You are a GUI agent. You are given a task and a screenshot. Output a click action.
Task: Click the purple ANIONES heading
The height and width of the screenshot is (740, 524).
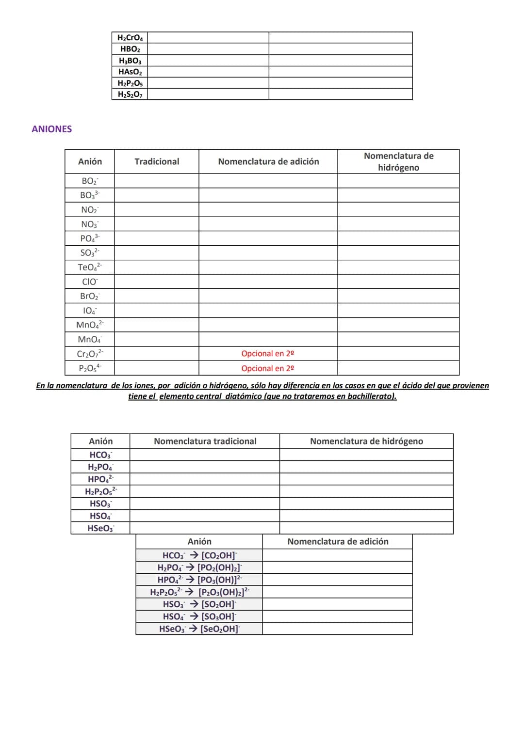tap(52, 129)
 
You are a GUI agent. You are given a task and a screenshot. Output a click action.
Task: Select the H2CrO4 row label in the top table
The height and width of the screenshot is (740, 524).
tap(130, 38)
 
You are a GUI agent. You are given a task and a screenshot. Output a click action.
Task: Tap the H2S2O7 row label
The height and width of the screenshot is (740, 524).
tap(130, 94)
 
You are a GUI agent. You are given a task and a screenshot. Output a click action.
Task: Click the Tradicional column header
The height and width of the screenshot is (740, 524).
tap(157, 161)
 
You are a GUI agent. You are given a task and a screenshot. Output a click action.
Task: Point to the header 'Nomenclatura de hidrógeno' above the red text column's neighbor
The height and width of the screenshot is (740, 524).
tap(398, 161)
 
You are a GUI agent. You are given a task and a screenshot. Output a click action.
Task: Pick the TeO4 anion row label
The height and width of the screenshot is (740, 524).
tap(90, 267)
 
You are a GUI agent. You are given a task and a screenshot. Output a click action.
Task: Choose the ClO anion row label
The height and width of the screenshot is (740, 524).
tap(90, 282)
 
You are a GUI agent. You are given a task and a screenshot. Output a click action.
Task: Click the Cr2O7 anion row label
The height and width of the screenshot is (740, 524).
tap(90, 354)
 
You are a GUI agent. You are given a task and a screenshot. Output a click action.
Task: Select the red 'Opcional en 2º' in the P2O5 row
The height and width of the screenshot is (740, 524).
tap(268, 368)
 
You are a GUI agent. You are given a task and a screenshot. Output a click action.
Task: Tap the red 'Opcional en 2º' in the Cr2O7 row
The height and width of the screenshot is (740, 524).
tap(268, 354)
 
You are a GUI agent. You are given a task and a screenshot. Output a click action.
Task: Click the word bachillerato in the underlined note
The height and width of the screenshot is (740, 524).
tap(371, 396)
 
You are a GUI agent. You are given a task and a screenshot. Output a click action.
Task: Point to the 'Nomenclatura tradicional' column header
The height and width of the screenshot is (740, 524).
tap(205, 441)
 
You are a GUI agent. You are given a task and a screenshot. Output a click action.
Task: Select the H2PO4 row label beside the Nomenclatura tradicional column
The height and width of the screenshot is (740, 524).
tap(100, 467)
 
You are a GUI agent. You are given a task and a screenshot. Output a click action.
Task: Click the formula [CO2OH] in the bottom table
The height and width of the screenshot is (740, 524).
tap(219, 555)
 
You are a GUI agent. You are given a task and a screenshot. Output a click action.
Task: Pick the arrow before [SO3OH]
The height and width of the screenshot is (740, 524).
tap(194, 616)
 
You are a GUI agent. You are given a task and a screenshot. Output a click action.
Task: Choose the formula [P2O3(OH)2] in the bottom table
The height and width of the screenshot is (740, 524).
tap(224, 592)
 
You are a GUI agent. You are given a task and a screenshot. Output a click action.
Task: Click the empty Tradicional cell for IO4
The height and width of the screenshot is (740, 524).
tap(157, 311)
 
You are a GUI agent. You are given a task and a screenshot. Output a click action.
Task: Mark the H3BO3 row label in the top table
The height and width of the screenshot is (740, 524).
tap(130, 61)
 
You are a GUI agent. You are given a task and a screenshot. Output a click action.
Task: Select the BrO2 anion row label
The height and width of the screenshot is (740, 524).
tap(90, 296)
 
